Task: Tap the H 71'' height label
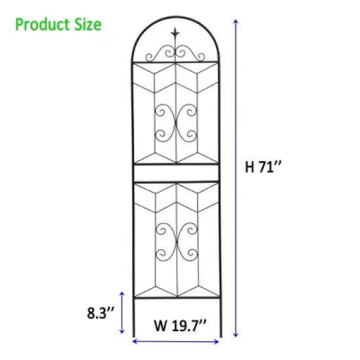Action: [x=263, y=166]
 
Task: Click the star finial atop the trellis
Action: [x=175, y=32]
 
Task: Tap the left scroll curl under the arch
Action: [x=164, y=52]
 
